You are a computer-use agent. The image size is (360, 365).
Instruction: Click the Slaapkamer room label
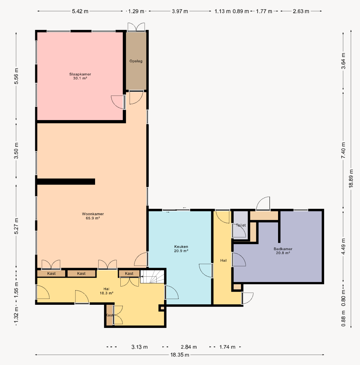(80, 76)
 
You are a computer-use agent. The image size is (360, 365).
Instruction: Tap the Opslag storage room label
(136, 61)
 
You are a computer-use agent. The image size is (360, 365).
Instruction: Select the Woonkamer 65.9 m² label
(93, 216)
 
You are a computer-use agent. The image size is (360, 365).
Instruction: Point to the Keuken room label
(181, 248)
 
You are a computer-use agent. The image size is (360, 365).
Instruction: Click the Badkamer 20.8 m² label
(283, 251)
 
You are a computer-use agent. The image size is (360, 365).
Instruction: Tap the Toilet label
(241, 225)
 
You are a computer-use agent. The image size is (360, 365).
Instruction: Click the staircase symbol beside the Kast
(152, 277)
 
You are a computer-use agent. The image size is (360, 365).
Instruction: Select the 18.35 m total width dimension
(179, 355)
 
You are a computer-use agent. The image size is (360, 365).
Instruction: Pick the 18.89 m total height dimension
(351, 178)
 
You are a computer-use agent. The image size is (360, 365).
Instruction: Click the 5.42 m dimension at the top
(80, 11)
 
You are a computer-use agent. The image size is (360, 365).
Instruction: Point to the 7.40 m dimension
(343, 150)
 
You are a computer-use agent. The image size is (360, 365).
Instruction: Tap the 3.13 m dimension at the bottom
(139, 347)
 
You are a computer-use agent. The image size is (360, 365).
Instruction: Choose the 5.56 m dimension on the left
(16, 76)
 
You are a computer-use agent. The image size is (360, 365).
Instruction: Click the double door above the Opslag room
(136, 27)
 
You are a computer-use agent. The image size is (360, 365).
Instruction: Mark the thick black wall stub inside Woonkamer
(66, 181)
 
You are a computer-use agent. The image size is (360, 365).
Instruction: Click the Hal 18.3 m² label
(106, 291)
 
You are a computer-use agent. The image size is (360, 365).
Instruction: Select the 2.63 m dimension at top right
(301, 11)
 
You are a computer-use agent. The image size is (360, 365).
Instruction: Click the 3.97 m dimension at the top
(180, 11)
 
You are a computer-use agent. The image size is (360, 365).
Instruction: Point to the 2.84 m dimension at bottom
(189, 347)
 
